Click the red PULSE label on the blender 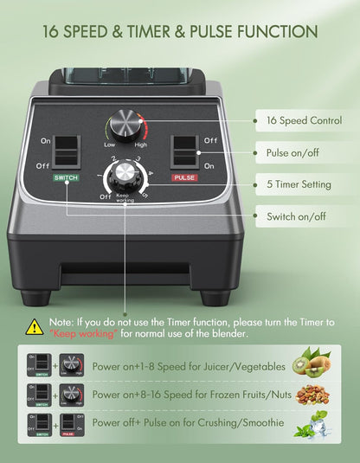(184, 177)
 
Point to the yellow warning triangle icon (35, 326)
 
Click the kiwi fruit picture (312, 363)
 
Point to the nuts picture (312, 395)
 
